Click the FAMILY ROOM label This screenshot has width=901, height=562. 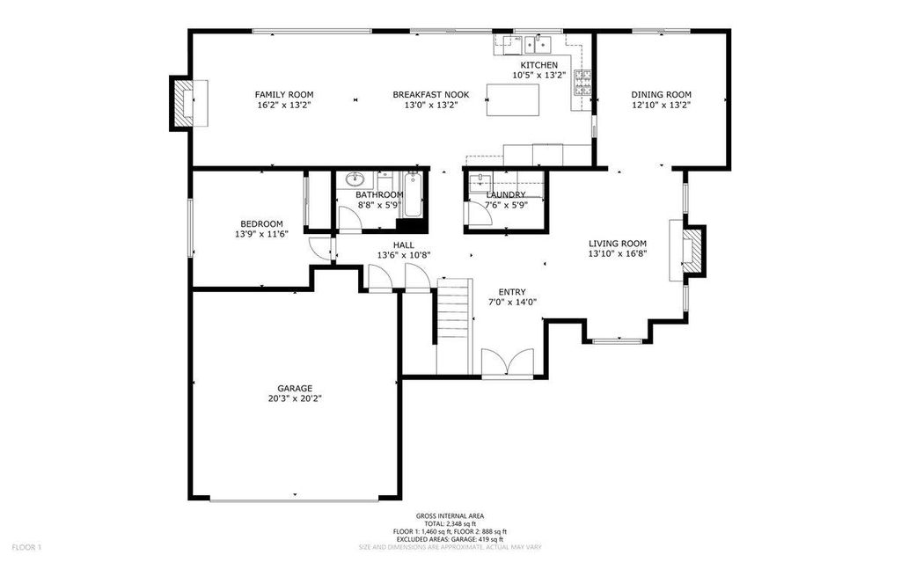click(x=284, y=94)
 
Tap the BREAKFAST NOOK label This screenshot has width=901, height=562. click(x=431, y=94)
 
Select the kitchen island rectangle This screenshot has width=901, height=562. click(x=513, y=100)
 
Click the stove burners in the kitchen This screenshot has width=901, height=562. click(x=582, y=83)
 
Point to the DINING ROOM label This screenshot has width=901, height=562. click(x=662, y=94)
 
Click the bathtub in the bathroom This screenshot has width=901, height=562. click(x=413, y=195)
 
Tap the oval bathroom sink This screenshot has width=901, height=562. click(x=355, y=179)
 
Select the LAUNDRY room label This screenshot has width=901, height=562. click(x=506, y=194)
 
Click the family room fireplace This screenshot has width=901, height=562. click(x=188, y=102)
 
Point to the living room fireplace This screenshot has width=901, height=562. click(x=686, y=250)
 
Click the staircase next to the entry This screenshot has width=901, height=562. click(x=455, y=325)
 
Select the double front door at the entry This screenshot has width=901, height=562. click(x=508, y=363)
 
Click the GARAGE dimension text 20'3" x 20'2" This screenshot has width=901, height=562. click(x=295, y=398)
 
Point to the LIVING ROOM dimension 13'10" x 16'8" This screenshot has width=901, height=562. click(x=618, y=252)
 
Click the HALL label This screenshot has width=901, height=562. click(x=403, y=245)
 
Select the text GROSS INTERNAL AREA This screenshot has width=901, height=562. click(x=450, y=516)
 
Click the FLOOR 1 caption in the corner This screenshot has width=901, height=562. click(x=26, y=547)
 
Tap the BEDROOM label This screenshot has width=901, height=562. click(x=261, y=223)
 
